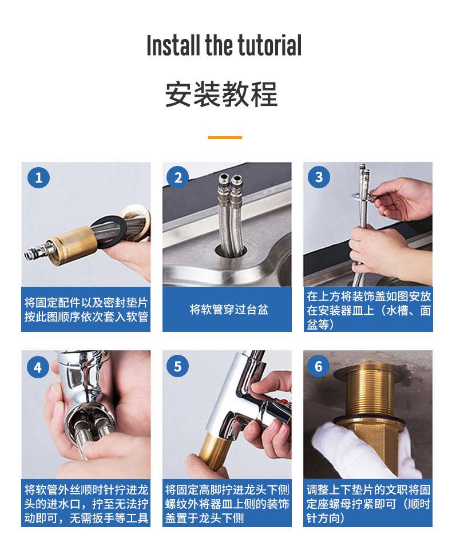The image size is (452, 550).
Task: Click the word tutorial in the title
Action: pyautogui.click(x=269, y=45)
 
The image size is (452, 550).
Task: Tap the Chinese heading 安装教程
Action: pyautogui.click(x=221, y=94)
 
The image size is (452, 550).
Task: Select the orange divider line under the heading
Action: pyautogui.click(x=225, y=137)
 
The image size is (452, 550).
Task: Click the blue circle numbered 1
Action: pyautogui.click(x=38, y=177)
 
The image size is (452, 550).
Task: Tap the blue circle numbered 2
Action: pyautogui.click(x=178, y=177)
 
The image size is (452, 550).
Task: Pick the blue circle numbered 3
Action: pyautogui.click(x=319, y=177)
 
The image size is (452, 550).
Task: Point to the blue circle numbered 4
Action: pyautogui.click(x=38, y=367)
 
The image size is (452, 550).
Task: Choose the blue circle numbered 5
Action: pyautogui.click(x=178, y=366)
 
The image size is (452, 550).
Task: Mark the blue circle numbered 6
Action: pyautogui.click(x=318, y=366)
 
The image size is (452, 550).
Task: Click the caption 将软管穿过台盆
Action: pyautogui.click(x=229, y=310)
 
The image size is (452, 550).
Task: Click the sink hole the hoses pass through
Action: pyautogui.click(x=231, y=251)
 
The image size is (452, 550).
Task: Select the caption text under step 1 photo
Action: pyautogui.click(x=86, y=310)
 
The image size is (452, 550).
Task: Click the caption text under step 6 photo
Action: pyautogui.click(x=368, y=504)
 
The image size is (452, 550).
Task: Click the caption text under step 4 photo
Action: pyautogui.click(x=86, y=504)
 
